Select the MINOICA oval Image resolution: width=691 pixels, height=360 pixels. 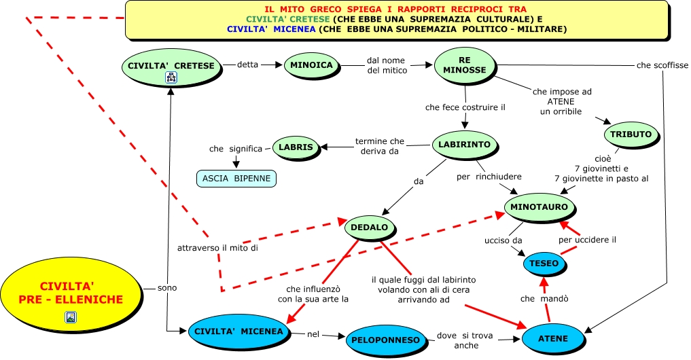[x=311, y=65]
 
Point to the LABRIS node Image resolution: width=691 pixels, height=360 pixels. [x=296, y=147]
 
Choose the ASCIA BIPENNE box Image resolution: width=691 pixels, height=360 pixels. [x=236, y=179]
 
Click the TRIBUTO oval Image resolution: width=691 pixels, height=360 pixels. [x=630, y=134]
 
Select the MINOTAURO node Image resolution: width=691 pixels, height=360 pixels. [x=540, y=206]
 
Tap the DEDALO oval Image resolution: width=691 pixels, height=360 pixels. [x=370, y=227]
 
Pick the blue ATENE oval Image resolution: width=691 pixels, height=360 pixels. [x=553, y=338]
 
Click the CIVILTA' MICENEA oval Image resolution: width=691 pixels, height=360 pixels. [x=239, y=331]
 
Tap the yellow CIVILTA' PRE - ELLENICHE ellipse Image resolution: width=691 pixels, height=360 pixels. [x=70, y=293]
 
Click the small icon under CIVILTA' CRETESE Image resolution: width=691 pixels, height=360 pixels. [x=171, y=78]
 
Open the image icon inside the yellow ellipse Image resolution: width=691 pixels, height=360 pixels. [x=71, y=317]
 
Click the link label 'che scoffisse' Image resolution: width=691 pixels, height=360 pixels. [x=662, y=66]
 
